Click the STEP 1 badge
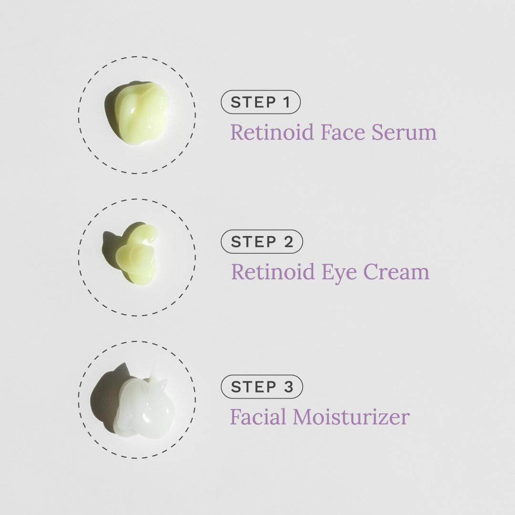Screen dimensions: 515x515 [x=260, y=102]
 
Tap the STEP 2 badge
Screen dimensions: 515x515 [x=262, y=242]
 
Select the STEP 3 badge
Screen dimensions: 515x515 [x=262, y=387]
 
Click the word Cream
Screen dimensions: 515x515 [x=396, y=272]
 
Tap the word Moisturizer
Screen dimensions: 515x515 [x=351, y=416]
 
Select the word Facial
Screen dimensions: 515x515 [x=258, y=416]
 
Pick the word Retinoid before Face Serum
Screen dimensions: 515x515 [x=272, y=132]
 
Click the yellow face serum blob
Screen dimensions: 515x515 [x=141, y=113]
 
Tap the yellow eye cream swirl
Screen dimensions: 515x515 [x=135, y=257]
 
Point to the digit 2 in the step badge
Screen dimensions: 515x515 [x=288, y=242]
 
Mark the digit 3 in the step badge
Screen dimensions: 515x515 [x=288, y=387]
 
